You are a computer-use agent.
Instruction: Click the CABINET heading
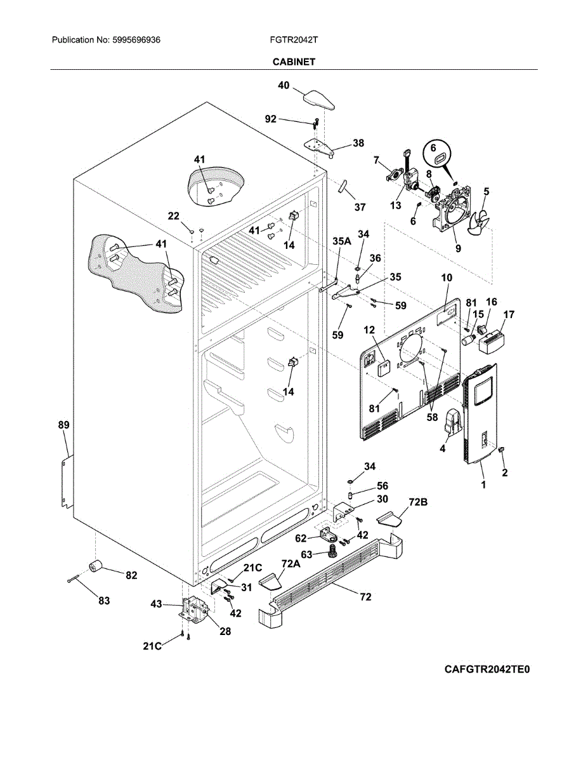pyautogui.click(x=294, y=62)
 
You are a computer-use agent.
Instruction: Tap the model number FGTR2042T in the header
pyautogui.click(x=294, y=40)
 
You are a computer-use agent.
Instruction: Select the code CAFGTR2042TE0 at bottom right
pyautogui.click(x=487, y=669)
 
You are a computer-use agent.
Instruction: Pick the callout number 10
pyautogui.click(x=447, y=277)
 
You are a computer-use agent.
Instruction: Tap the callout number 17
pyautogui.click(x=509, y=314)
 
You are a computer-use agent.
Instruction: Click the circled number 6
pyautogui.click(x=434, y=147)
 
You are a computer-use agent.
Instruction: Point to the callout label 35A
pyautogui.click(x=342, y=241)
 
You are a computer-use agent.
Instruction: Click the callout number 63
pyautogui.click(x=306, y=554)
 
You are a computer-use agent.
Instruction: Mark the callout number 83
pyautogui.click(x=104, y=600)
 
